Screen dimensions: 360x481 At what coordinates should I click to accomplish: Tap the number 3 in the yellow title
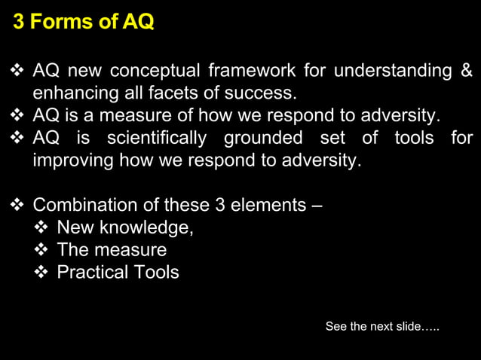point(19,22)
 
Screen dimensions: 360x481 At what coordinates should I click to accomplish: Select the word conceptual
point(155,72)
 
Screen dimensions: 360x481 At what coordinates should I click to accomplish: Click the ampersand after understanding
point(466,72)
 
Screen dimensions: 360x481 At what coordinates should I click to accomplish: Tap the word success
point(265,93)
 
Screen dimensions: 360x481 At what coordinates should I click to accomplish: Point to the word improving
point(69,160)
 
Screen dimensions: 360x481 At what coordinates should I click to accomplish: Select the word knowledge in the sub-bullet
point(152,228)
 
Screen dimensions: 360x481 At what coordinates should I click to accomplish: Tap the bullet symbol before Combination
point(18,206)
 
